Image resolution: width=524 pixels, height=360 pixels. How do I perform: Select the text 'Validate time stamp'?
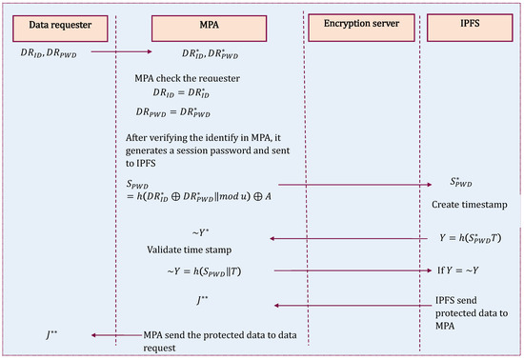[187, 250]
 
